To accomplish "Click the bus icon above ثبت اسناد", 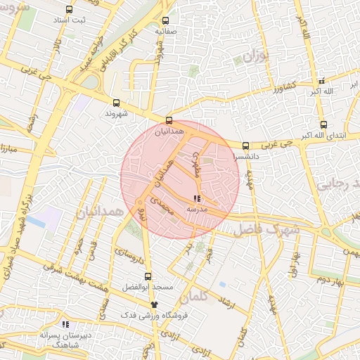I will point(68,10).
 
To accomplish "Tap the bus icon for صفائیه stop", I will point(166,21).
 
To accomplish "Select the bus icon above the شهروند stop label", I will point(118,103).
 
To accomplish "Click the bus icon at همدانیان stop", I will point(169,120).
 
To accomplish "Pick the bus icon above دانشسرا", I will point(245,146).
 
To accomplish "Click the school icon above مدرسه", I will point(196,199).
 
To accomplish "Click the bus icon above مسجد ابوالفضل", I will point(155,278).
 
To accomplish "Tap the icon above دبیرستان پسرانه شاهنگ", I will point(65,325).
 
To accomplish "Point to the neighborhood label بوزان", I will point(255,55).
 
